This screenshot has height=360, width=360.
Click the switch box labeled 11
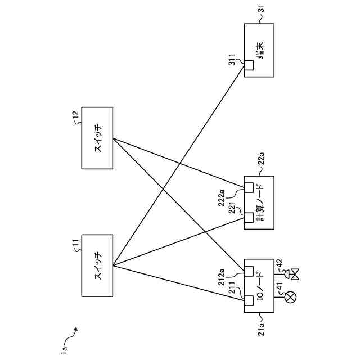(x=97, y=265)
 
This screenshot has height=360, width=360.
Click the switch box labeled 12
(x=97, y=137)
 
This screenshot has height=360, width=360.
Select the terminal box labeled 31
(x=259, y=50)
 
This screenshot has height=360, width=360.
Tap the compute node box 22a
(x=259, y=202)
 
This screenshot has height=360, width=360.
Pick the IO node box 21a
(x=259, y=285)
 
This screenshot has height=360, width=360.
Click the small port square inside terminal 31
(x=249, y=65)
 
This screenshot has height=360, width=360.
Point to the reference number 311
(x=232, y=60)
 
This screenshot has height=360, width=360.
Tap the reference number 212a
(x=222, y=277)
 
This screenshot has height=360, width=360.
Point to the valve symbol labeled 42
(x=292, y=274)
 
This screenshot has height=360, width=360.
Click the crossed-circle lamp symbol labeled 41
(x=291, y=297)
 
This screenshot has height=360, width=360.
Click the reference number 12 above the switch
(x=75, y=115)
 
